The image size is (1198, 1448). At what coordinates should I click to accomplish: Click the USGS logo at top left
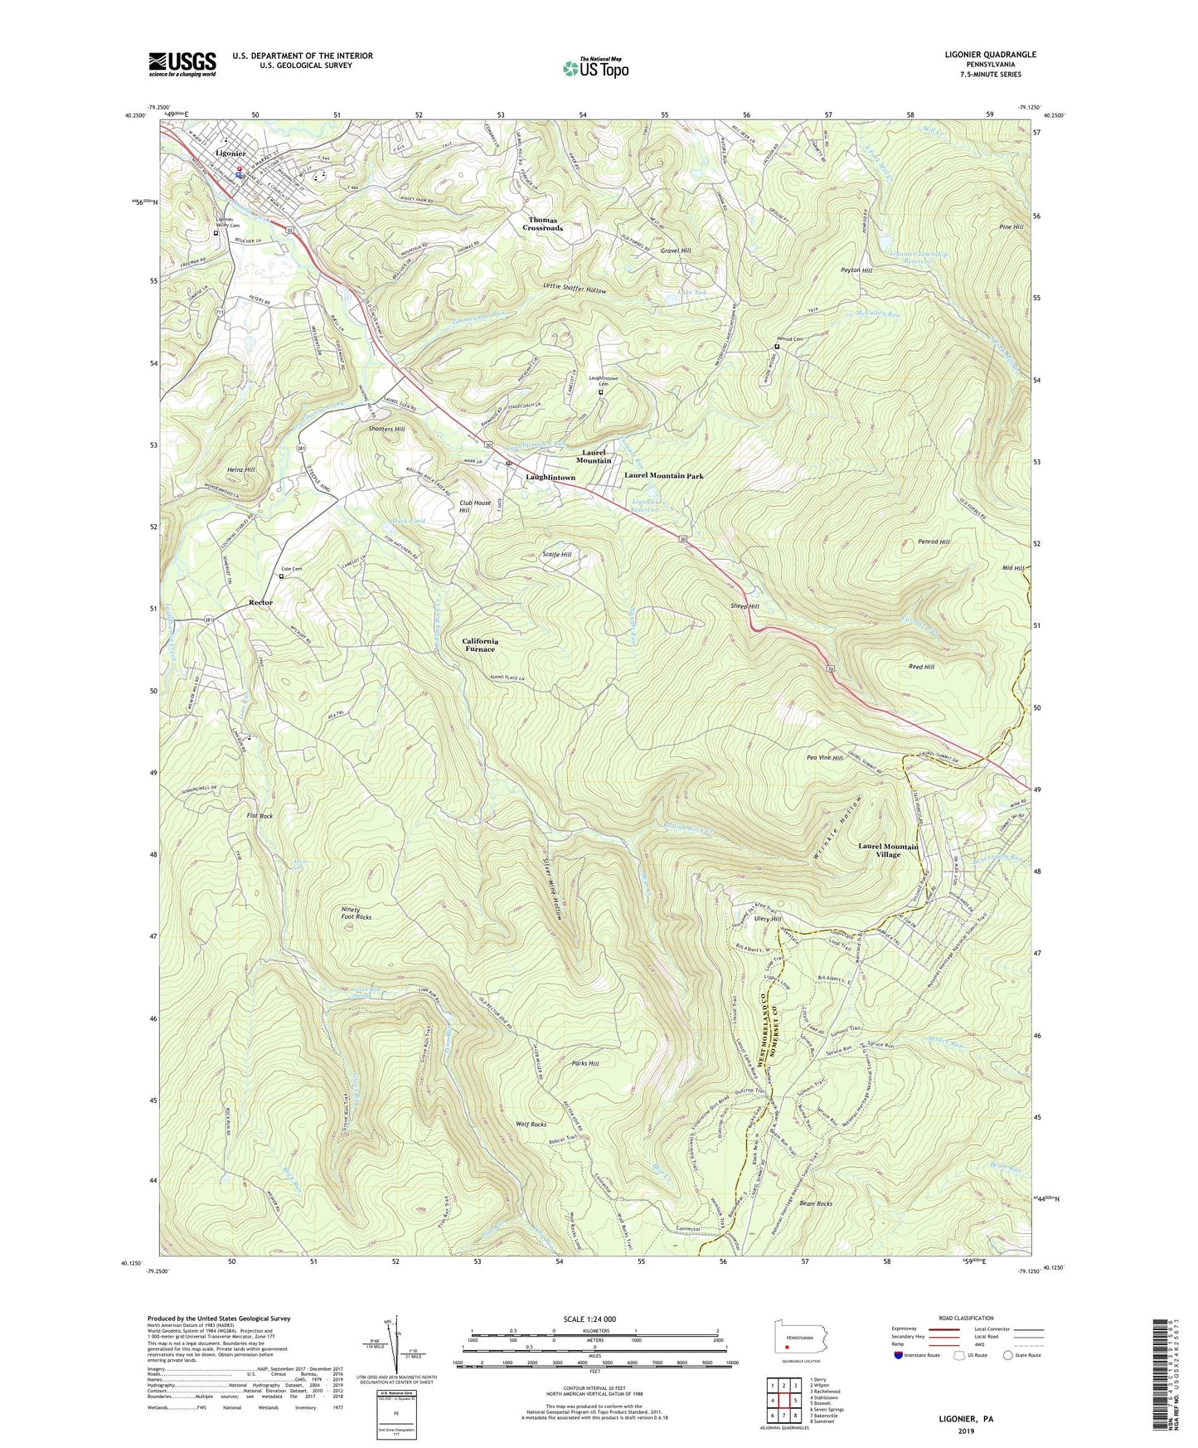(182, 63)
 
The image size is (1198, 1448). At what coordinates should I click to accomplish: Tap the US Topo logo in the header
(594, 68)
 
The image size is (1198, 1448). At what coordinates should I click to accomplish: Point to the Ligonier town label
(230, 153)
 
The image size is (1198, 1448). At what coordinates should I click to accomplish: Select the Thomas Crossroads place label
(542, 224)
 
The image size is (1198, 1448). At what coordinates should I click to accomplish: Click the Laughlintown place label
(550, 478)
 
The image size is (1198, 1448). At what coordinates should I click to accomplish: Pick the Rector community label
(260, 602)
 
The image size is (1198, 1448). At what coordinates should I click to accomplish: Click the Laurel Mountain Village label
(888, 850)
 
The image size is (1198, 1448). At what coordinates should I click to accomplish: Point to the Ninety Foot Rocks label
(356, 913)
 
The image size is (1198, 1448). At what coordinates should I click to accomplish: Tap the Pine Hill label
(1012, 226)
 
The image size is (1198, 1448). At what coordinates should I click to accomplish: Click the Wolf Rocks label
(531, 1125)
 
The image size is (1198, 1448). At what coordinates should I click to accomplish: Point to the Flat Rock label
(259, 816)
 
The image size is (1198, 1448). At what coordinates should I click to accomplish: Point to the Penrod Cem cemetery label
(789, 339)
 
